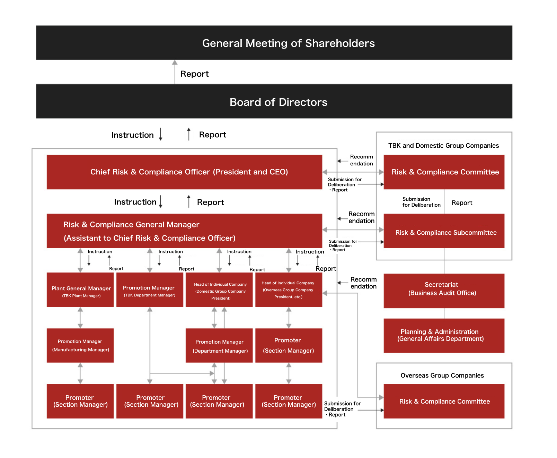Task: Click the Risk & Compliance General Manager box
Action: (x=184, y=231)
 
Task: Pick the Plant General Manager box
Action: (x=80, y=290)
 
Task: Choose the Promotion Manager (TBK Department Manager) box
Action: (x=150, y=290)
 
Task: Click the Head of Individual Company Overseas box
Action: (x=289, y=290)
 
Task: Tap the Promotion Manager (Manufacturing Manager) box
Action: (x=80, y=345)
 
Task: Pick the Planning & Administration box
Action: (x=444, y=336)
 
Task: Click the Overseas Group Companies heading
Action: (x=442, y=375)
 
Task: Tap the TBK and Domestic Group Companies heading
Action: (x=443, y=146)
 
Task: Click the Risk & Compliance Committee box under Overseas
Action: (x=444, y=401)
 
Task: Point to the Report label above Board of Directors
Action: (x=194, y=74)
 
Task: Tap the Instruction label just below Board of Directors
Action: (x=132, y=135)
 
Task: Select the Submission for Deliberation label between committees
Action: (x=421, y=202)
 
